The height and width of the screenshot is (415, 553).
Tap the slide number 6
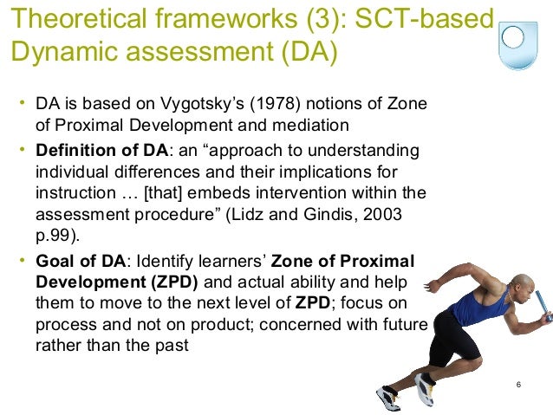[x=517, y=384]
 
